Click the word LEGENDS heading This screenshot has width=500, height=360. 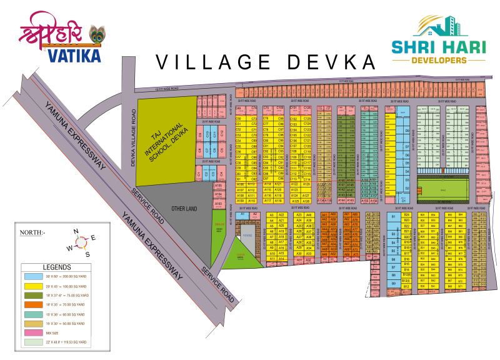tap(57, 267)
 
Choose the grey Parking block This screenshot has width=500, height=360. tap(247, 235)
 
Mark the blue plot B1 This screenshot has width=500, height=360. tap(393, 217)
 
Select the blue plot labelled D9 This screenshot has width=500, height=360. tap(406, 131)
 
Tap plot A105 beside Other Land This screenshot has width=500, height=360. tap(218, 186)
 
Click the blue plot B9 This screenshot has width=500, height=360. tap(393, 283)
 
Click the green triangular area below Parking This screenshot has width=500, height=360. tap(240, 256)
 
